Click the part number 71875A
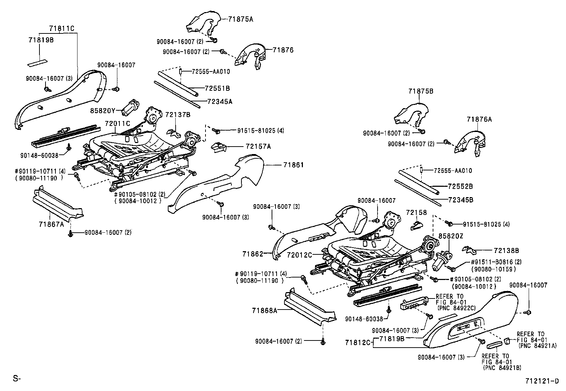click(x=241, y=19)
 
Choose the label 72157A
click(x=258, y=146)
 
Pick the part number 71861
click(x=293, y=165)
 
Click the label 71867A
click(x=51, y=224)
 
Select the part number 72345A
click(x=220, y=101)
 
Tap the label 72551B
click(x=217, y=88)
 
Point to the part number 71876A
click(x=479, y=120)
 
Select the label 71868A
click(x=265, y=310)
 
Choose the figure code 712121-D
click(x=542, y=381)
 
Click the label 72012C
click(x=299, y=255)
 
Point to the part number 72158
click(x=416, y=212)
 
